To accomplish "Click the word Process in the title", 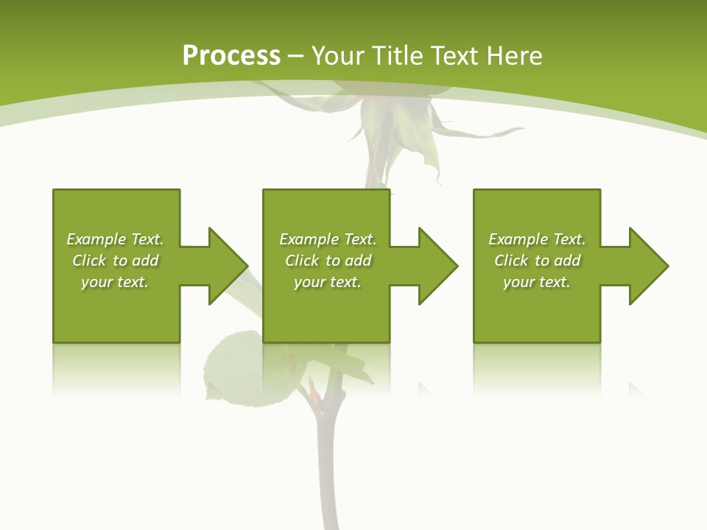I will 231,56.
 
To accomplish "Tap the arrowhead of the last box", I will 647,266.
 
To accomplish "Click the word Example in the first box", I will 96,239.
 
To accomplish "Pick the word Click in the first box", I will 90,261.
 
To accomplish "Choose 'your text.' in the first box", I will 115,282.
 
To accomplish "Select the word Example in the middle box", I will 309,239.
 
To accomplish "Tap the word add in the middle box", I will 358,261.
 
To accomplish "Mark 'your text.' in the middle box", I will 327,282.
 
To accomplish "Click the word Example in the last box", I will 518,239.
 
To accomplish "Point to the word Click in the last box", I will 511,261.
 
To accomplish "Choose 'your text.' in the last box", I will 536,282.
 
